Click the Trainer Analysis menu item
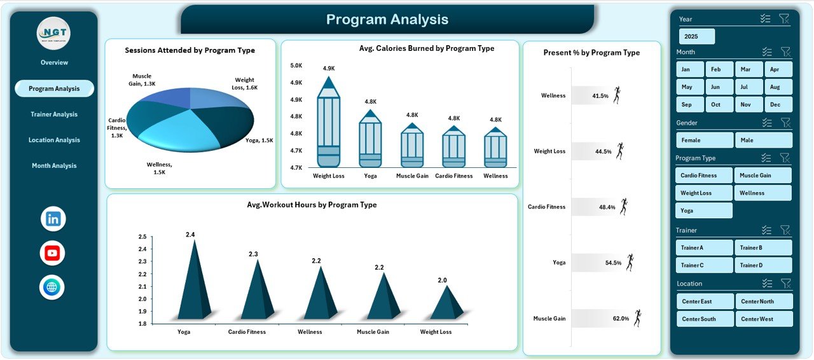(x=54, y=114)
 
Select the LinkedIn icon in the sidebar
(x=53, y=219)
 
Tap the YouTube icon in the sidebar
(x=52, y=253)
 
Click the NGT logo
(x=53, y=33)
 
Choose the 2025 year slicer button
(x=696, y=36)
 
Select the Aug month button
(x=774, y=87)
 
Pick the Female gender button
(x=705, y=140)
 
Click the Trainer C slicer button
(x=705, y=265)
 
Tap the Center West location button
(x=764, y=319)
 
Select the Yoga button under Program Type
(x=704, y=211)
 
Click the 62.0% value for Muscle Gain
(x=621, y=319)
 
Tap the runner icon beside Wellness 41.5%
(x=616, y=95)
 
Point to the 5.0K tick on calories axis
(x=296, y=66)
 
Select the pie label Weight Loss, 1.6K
(x=246, y=84)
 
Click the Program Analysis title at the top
(x=387, y=20)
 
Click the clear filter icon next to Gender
(x=785, y=123)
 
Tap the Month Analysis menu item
(x=54, y=166)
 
